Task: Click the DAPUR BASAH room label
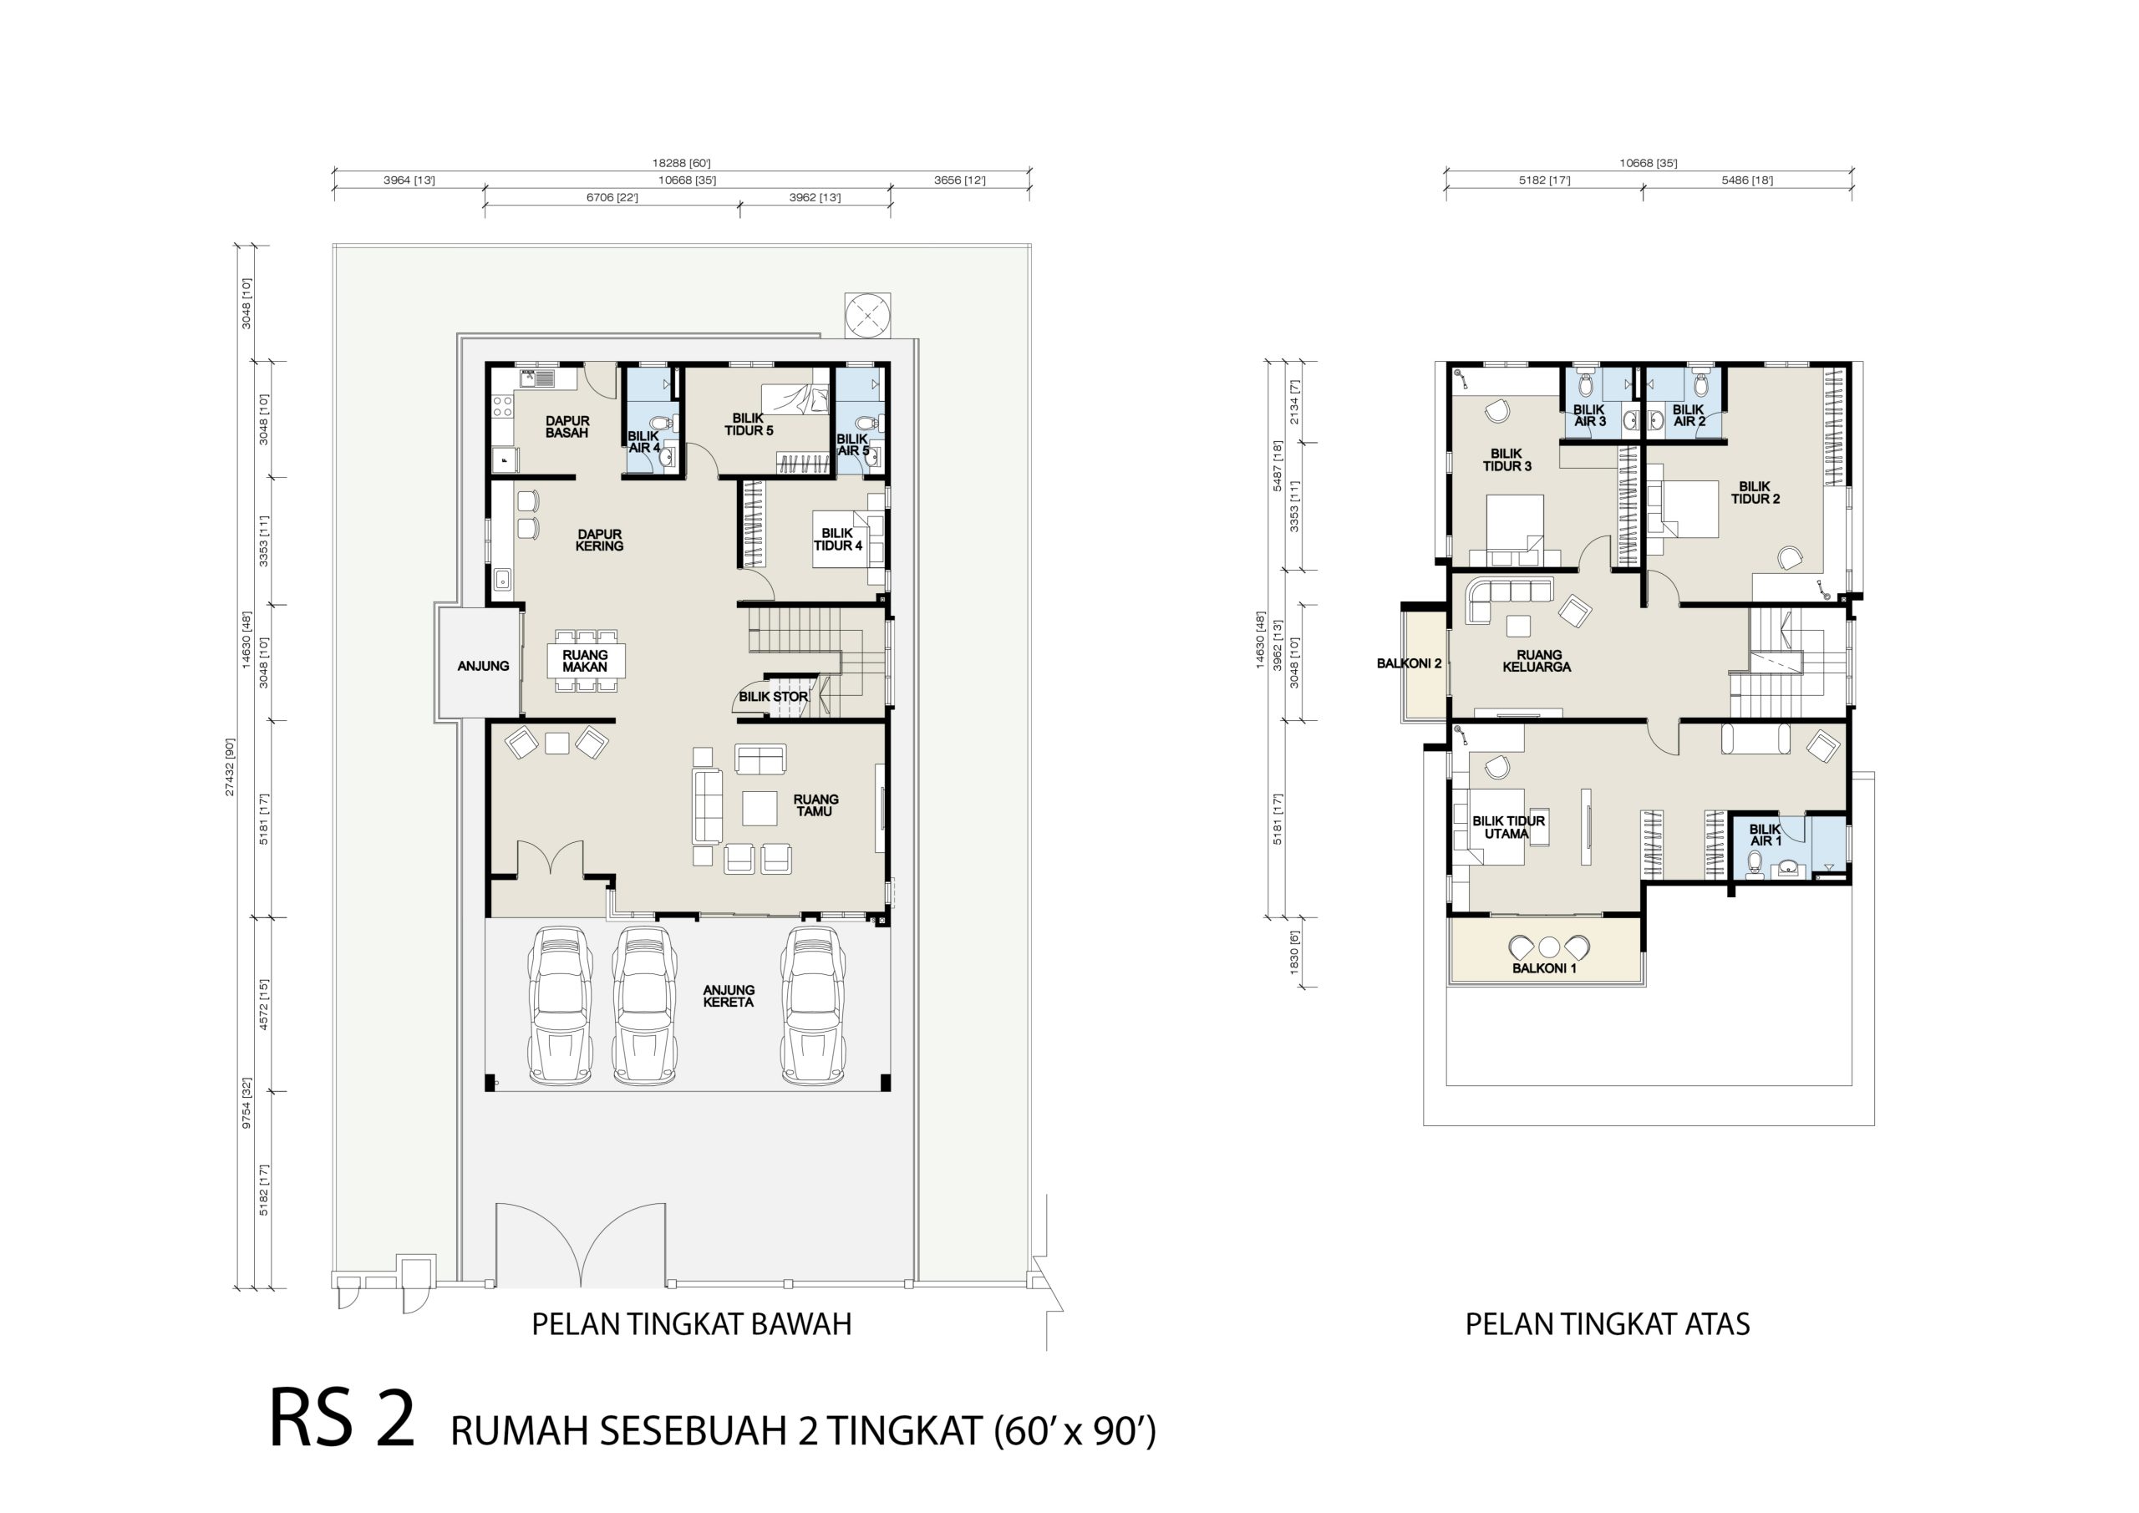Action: [x=567, y=427]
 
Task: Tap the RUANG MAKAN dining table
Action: [x=585, y=662]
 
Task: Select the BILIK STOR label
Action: [x=773, y=696]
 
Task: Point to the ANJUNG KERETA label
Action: [x=729, y=996]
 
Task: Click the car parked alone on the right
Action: [x=812, y=1005]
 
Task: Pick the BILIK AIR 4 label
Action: [x=643, y=442]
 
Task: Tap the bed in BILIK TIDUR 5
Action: [x=795, y=399]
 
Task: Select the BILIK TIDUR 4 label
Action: [x=837, y=540]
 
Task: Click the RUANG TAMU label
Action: [x=815, y=805]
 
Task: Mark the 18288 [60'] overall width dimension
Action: [x=681, y=164]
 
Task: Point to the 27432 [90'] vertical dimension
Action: [x=229, y=766]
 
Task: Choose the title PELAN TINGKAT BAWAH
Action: [x=691, y=1324]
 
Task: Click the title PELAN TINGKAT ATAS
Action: [x=1607, y=1324]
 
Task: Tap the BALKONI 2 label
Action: [x=1409, y=663]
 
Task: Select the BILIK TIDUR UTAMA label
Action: [x=1508, y=827]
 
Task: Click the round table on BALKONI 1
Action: [x=1548, y=947]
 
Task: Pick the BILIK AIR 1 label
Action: [x=1766, y=835]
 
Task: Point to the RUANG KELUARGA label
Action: [x=1537, y=661]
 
